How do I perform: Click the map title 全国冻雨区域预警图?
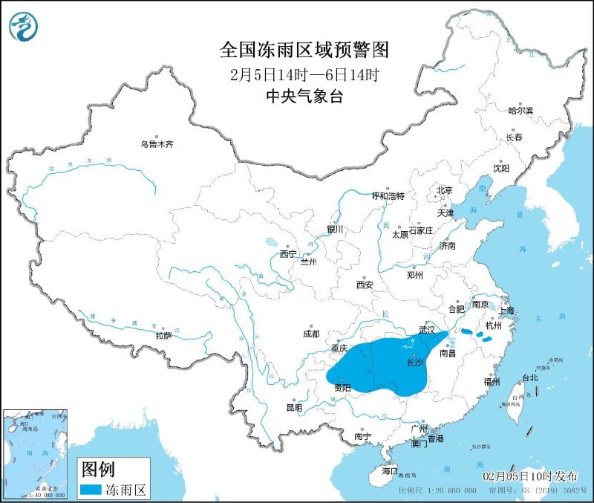tap(304, 50)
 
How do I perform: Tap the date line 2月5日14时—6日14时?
tap(304, 75)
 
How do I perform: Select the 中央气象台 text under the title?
tap(304, 96)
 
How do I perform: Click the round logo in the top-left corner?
tap(24, 26)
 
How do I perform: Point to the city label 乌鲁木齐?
tap(157, 144)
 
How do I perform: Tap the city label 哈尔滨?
tap(520, 111)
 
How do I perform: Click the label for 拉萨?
tap(164, 336)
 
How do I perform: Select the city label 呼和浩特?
tap(388, 196)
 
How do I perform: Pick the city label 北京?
tap(444, 190)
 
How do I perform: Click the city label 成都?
tap(312, 334)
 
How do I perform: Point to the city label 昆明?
tap(294, 407)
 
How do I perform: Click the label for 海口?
tap(390, 471)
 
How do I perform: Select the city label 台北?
tap(530, 377)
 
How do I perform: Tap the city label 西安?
tap(364, 284)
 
